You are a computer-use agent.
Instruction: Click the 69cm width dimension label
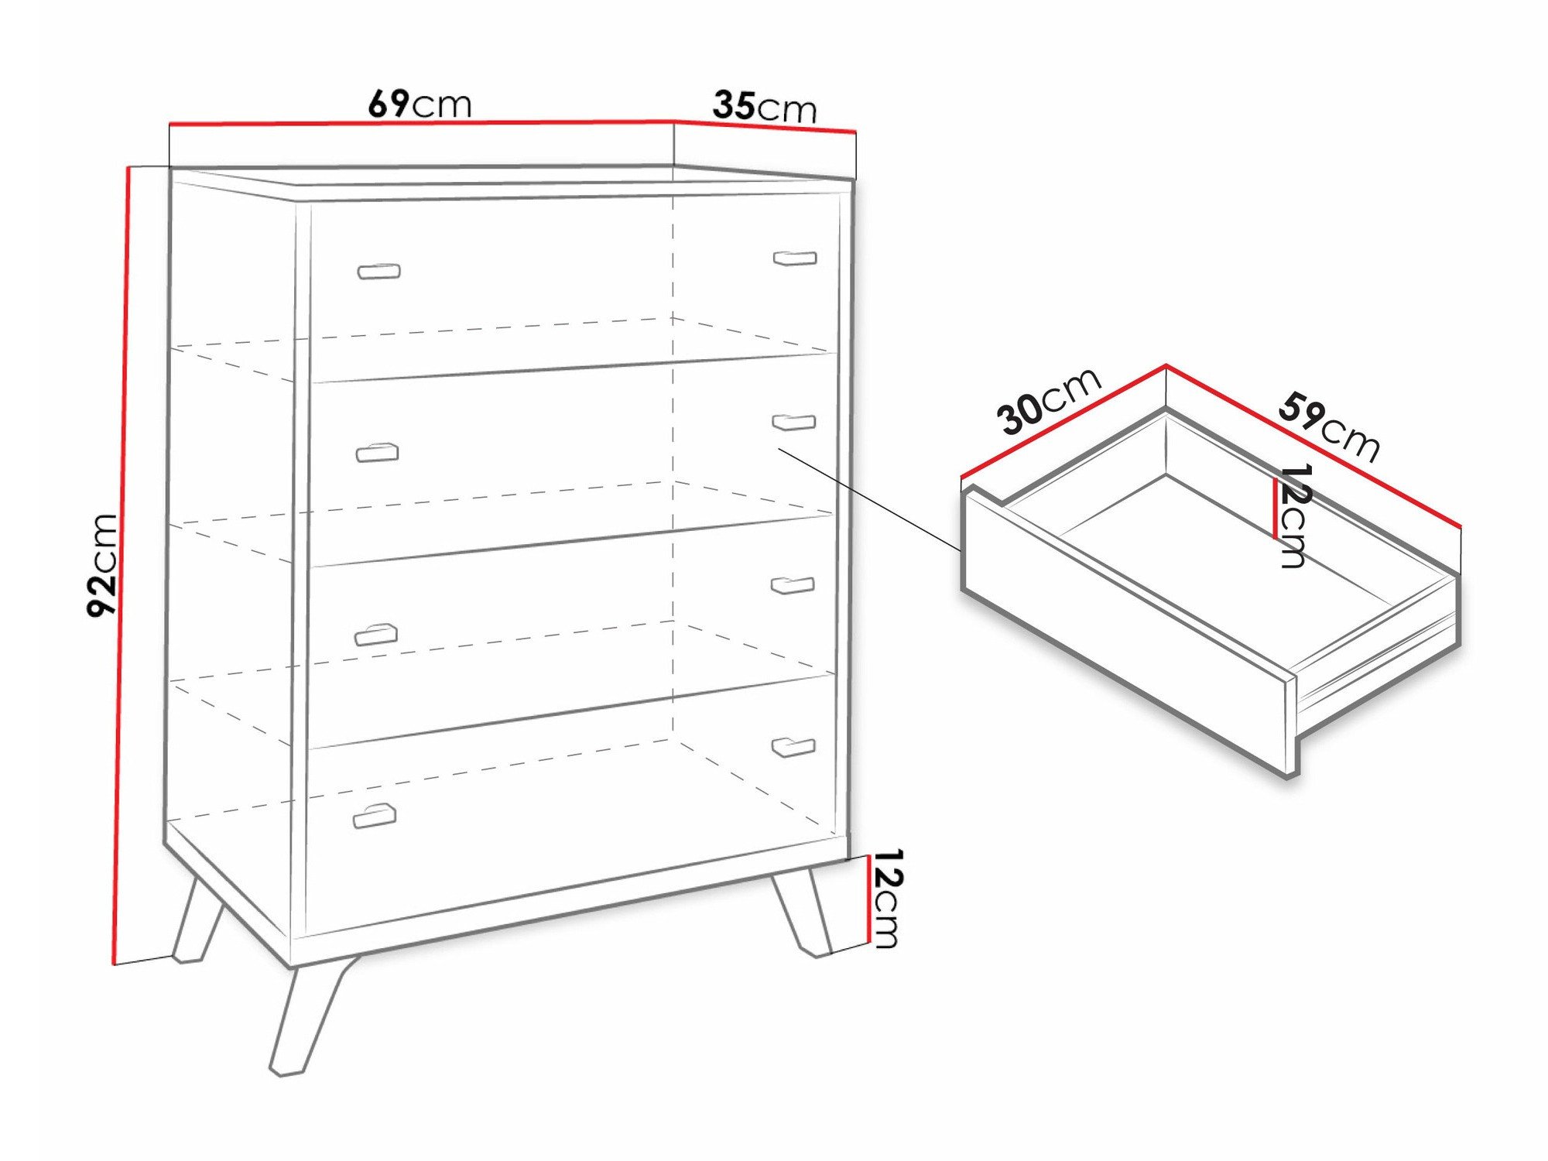(419, 104)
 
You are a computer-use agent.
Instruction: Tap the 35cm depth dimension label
(764, 107)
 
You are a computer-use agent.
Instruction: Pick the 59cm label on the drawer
(1328, 426)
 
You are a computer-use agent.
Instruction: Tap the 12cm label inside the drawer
(1293, 516)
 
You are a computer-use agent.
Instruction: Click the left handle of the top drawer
(378, 271)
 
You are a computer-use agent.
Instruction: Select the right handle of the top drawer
(795, 258)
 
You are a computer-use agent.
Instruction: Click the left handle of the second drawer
(377, 452)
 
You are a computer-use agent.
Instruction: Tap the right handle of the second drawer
(794, 422)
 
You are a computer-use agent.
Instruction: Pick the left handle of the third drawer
(375, 635)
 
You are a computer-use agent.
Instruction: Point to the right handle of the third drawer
(793, 585)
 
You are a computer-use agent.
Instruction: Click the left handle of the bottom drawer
(375, 816)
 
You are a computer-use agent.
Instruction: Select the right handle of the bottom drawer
(793, 747)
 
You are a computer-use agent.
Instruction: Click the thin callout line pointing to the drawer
(870, 499)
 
